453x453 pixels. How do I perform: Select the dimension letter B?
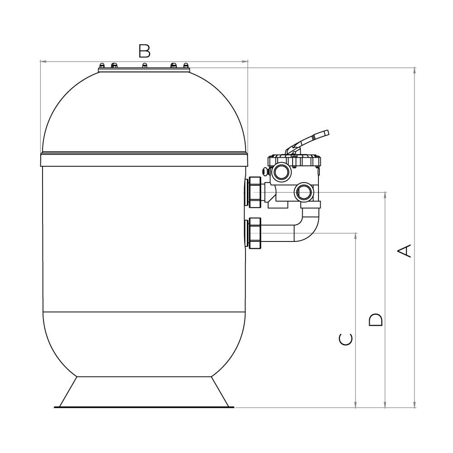click(144, 51)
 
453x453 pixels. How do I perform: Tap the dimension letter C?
click(346, 338)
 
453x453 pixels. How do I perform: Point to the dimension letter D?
click(375, 319)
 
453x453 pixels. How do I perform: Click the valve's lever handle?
click(308, 140)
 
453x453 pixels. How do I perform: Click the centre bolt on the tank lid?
click(145, 67)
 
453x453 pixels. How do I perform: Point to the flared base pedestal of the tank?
click(144, 391)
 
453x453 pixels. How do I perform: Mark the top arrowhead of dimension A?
click(414, 70)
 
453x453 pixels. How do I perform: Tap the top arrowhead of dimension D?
click(385, 195)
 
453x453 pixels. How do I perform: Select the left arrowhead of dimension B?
click(43, 61)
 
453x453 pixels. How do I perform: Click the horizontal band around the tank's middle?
click(144, 159)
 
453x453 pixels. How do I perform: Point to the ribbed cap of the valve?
click(294, 161)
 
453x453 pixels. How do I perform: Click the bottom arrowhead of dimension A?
click(414, 405)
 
